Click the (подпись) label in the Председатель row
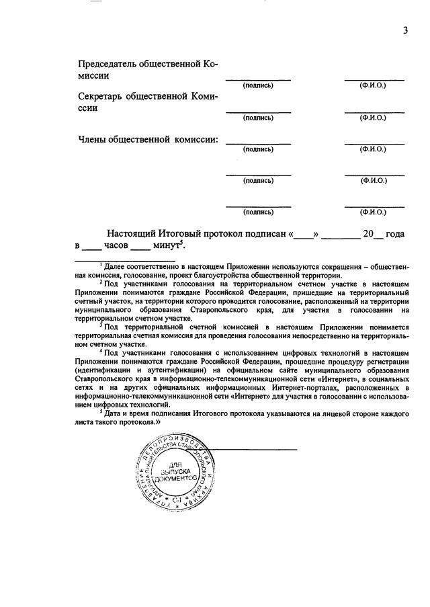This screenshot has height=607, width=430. (x=258, y=85)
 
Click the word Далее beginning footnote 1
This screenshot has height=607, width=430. (x=113, y=268)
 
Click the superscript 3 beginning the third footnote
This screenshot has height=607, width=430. (x=101, y=323)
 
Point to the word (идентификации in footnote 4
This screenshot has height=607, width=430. (x=103, y=369)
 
